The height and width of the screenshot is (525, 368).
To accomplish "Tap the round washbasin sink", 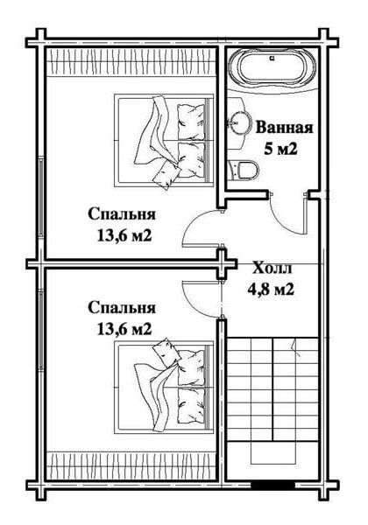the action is click(x=239, y=122).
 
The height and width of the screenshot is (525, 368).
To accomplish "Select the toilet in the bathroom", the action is click(x=243, y=170).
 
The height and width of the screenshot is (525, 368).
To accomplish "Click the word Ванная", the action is click(x=284, y=128).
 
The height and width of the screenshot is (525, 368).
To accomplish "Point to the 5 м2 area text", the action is click(x=281, y=150).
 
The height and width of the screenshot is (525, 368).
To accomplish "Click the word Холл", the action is click(x=272, y=269).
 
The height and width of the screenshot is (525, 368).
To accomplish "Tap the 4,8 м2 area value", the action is click(x=271, y=289).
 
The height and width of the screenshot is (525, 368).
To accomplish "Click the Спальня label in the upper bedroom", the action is click(x=122, y=214).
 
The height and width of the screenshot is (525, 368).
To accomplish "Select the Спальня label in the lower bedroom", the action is click(x=122, y=308).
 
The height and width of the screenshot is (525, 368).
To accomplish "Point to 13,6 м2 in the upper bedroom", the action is click(x=124, y=235).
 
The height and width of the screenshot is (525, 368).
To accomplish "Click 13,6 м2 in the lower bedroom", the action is click(x=124, y=330).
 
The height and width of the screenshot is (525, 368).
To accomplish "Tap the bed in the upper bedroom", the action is click(x=164, y=141).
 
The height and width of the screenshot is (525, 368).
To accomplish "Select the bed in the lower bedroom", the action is click(x=164, y=387).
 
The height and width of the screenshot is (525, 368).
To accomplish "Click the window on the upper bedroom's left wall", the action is click(x=41, y=198).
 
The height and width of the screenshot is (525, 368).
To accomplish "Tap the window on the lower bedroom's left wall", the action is click(x=41, y=330).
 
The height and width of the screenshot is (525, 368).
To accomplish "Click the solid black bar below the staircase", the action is click(x=272, y=485).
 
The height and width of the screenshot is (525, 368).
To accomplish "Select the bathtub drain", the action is click(x=272, y=58).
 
